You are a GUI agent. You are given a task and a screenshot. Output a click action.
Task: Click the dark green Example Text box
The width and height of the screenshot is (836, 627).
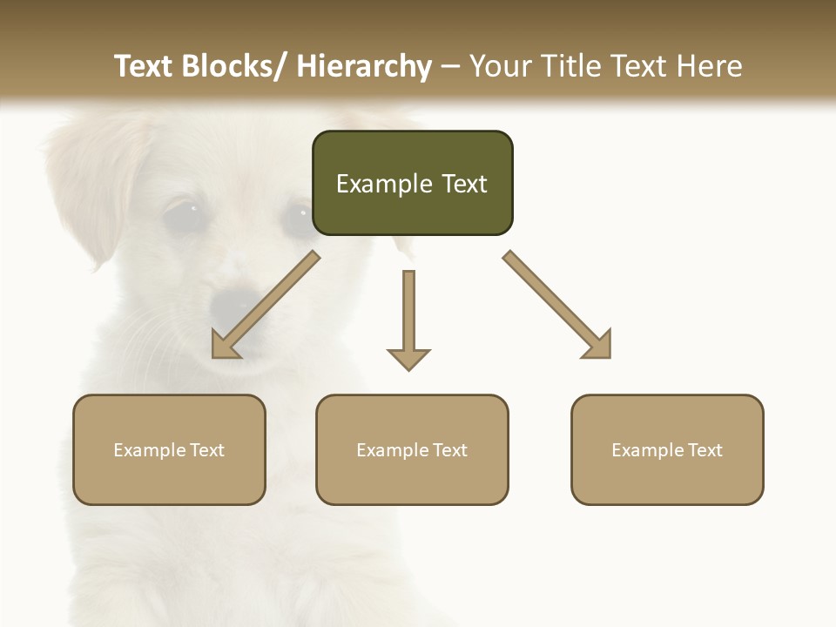[x=412, y=183]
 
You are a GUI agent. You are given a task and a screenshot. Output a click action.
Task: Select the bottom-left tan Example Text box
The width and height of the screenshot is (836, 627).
[x=169, y=449]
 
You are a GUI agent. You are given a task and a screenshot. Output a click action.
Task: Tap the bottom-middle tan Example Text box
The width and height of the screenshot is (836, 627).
[x=412, y=449]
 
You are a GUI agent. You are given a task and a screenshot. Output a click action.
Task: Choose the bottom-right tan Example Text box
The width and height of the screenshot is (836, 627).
[x=667, y=449]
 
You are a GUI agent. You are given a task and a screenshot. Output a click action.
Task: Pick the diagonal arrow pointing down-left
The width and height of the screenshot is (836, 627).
[x=266, y=305]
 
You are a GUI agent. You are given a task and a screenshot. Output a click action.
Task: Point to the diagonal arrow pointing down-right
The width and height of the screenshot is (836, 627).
[x=557, y=305]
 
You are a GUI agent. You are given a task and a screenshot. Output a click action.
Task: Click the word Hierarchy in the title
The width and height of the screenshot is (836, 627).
[x=364, y=66]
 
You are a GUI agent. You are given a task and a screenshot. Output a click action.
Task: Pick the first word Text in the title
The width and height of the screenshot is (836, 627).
[x=145, y=66]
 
